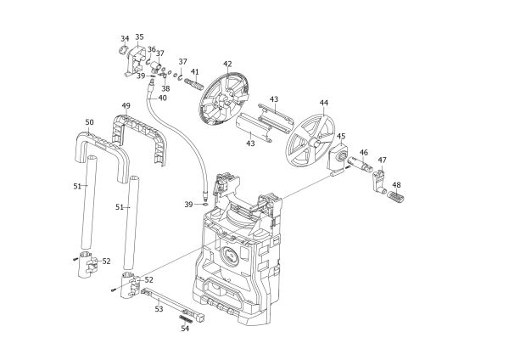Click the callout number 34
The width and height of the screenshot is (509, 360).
[125, 39]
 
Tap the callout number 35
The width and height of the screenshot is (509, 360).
[140, 37]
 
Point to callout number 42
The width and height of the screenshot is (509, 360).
[227, 64]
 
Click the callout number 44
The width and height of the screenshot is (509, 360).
[324, 103]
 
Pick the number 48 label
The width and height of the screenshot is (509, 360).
[396, 185]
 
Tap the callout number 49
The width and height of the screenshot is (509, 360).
[126, 106]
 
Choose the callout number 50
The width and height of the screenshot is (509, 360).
[89, 123]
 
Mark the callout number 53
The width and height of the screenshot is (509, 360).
[159, 310]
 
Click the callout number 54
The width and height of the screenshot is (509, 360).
[185, 329]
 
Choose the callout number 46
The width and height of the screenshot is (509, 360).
[363, 153]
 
